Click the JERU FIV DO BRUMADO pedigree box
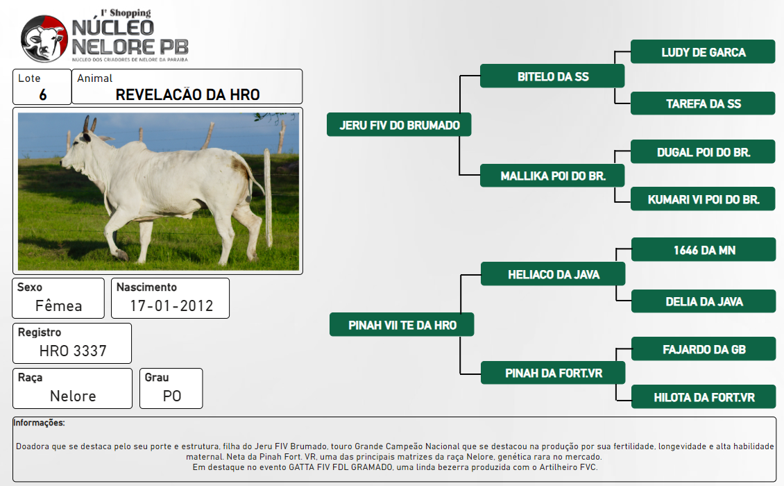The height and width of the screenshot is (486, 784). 399,125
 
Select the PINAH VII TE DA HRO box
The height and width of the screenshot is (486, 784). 402,325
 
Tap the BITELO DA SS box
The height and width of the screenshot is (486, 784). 552,76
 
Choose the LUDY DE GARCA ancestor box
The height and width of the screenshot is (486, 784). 703,52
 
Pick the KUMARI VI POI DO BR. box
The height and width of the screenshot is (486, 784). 703,199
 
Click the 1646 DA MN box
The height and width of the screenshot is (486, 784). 704,250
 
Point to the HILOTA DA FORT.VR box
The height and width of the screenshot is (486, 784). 704,397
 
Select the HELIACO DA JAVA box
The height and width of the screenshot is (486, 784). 553,274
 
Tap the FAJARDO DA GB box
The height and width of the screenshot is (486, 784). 704,349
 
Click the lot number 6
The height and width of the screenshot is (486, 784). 43,94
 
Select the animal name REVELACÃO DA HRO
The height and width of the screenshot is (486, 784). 187,94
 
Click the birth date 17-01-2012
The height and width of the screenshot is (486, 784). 171,305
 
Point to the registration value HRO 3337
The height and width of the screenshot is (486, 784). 73,351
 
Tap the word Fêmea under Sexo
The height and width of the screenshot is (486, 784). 58,305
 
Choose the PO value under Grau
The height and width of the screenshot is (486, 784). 171,396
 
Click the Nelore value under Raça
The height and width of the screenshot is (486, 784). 73,396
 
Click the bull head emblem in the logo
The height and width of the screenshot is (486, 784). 44,39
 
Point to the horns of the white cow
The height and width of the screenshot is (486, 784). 89,124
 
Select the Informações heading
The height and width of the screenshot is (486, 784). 39,423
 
